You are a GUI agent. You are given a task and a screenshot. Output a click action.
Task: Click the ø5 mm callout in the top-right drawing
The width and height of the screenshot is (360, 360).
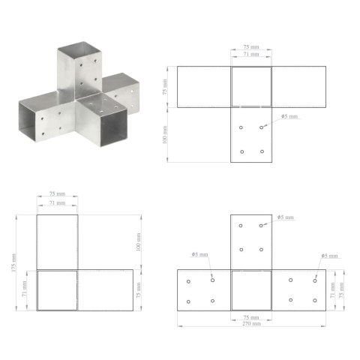289,117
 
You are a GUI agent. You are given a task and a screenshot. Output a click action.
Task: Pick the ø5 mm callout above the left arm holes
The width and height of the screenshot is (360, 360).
199,254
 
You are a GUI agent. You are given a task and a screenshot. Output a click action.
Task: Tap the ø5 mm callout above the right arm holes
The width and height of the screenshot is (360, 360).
330,256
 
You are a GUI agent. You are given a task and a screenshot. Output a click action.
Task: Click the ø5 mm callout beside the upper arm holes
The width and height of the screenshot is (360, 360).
286,217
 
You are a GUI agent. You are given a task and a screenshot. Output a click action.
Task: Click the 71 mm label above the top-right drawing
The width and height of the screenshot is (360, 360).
250,55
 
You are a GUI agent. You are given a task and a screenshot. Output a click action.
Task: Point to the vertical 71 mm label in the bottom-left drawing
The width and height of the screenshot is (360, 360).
25,289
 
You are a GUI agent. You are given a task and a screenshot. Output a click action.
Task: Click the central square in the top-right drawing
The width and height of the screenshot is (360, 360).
250,87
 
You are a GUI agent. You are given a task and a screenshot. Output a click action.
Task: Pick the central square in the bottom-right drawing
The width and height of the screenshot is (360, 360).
250,289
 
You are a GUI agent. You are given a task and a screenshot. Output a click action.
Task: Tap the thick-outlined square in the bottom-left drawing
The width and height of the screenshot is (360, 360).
56,289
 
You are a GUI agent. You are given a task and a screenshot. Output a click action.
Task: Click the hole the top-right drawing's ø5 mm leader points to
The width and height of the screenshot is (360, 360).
262,127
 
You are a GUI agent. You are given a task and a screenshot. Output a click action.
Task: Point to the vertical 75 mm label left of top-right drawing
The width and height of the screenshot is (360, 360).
166,87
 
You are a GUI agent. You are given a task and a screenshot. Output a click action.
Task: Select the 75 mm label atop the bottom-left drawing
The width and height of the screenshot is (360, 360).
56,195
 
